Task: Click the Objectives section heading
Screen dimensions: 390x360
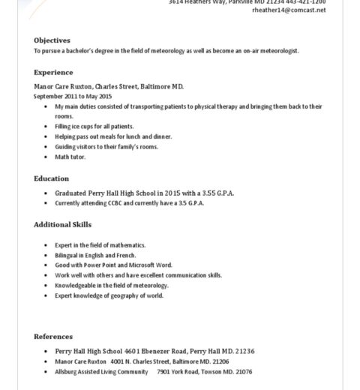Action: [x=52, y=40]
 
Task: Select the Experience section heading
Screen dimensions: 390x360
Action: [x=53, y=73]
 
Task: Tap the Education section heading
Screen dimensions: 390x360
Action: [x=51, y=178]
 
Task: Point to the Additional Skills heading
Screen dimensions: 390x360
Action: [x=62, y=224]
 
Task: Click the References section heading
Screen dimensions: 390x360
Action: [x=53, y=337]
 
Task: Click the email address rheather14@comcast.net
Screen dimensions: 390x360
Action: [x=289, y=10]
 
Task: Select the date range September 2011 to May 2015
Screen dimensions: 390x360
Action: [x=73, y=97]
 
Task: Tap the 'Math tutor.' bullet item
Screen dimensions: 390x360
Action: [x=70, y=157]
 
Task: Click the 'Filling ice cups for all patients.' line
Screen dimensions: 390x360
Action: [x=94, y=127]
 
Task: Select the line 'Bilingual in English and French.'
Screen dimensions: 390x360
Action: [x=95, y=255]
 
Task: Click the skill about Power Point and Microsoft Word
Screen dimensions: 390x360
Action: [x=113, y=265]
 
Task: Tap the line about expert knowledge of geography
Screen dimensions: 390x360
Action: [x=109, y=295]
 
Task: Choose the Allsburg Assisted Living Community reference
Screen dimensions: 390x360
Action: [x=101, y=371]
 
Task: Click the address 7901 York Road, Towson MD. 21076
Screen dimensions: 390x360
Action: [x=204, y=371]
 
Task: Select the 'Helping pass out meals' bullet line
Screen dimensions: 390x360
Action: [x=113, y=136]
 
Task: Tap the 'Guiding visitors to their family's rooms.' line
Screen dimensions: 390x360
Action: [x=106, y=147]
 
